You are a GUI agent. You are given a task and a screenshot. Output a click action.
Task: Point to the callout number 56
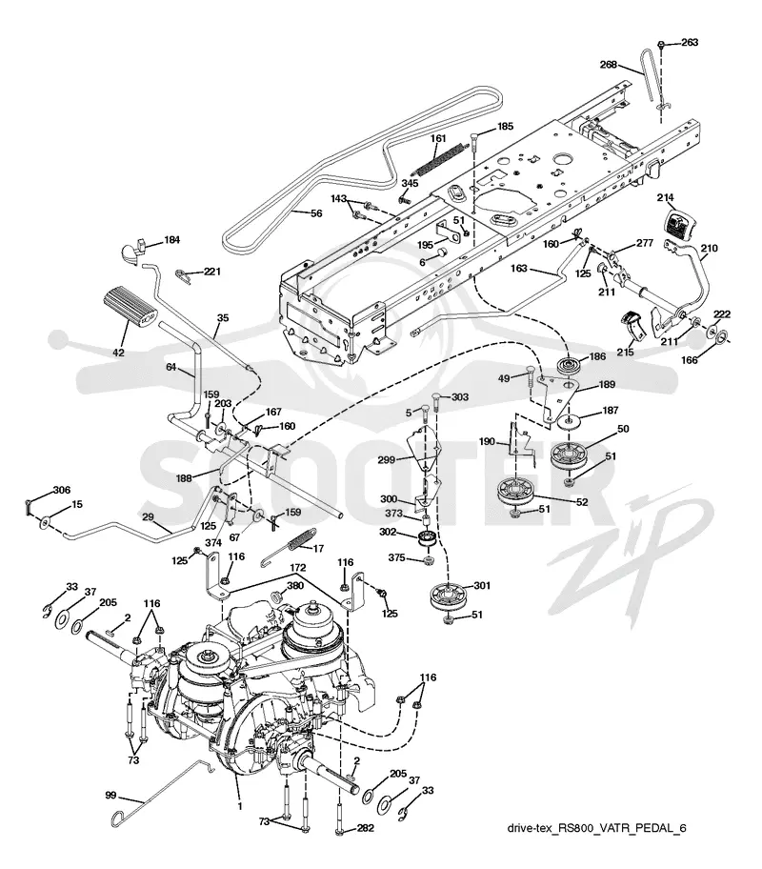point(316,212)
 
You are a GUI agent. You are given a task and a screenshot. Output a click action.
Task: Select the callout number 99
point(110,796)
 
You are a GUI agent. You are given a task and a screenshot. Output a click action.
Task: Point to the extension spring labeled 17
point(289,546)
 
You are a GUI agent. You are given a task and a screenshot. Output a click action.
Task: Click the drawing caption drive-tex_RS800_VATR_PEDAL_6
point(596,828)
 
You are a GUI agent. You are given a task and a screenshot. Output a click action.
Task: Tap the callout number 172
point(297,569)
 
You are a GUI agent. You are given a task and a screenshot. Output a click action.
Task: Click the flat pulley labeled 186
point(571,367)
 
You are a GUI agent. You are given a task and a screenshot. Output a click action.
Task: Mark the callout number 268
point(609,65)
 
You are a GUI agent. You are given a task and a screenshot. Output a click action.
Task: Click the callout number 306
point(62,490)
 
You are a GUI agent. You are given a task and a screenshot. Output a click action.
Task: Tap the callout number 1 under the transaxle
point(240,806)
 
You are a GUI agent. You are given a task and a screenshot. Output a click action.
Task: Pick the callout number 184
point(171,240)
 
